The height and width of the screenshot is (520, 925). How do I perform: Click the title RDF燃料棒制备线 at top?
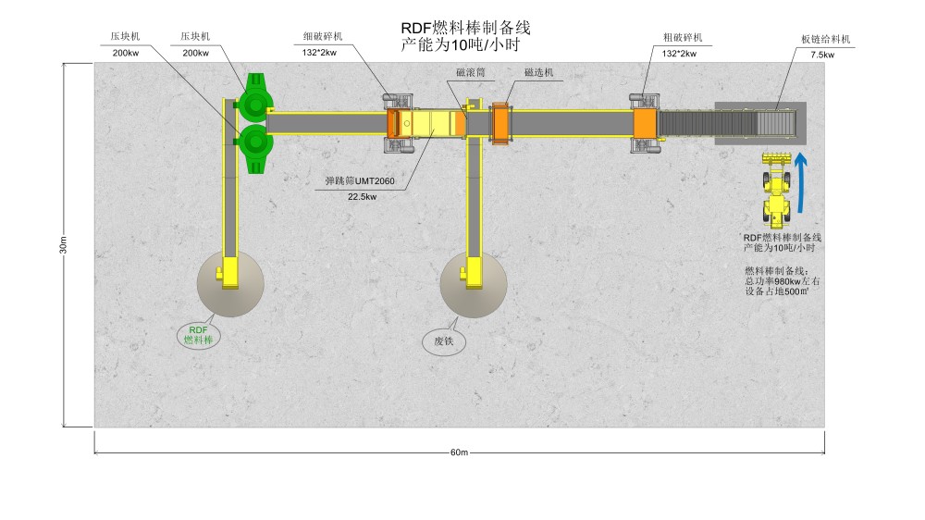465,28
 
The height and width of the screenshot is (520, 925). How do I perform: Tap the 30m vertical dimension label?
64,245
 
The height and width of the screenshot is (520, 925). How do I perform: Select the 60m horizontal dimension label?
460,452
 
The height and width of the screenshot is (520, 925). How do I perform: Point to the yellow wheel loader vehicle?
777,190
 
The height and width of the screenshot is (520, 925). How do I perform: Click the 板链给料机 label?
826,40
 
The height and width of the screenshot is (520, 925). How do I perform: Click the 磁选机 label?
538,71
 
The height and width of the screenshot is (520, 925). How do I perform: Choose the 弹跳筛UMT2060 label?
356,181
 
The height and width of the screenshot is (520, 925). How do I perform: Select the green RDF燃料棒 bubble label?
199,335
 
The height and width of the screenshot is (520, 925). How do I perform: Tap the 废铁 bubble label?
444,341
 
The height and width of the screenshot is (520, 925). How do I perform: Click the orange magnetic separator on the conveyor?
500,122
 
